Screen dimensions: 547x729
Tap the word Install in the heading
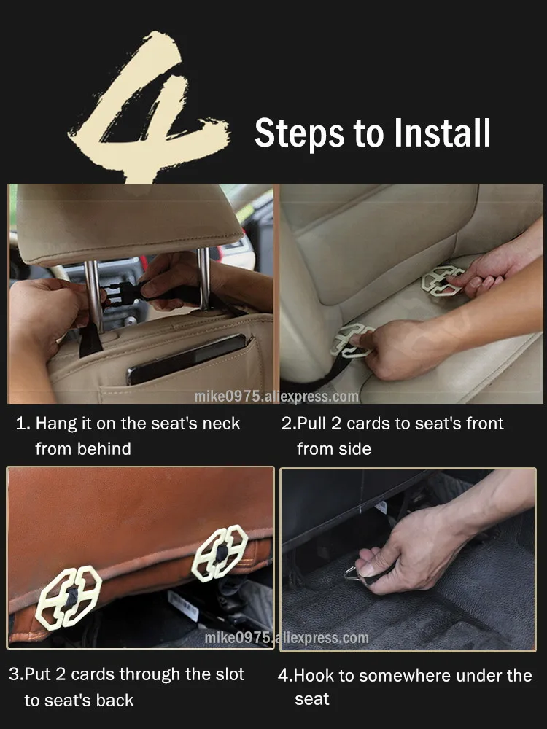(x=443, y=133)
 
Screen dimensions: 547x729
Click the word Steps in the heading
(x=300, y=134)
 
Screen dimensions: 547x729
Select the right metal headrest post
(x=203, y=279)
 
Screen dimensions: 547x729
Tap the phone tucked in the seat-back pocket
(x=186, y=358)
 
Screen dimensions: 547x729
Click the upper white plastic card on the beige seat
(x=441, y=281)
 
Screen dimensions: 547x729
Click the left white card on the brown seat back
(x=69, y=598)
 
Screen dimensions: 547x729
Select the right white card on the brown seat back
(x=220, y=553)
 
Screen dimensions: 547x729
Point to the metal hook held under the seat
(x=356, y=575)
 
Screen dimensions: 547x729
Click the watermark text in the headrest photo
(x=276, y=397)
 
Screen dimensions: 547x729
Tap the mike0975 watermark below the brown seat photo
(x=287, y=637)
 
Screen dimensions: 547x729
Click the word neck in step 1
(x=222, y=424)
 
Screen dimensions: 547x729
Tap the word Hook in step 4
(x=314, y=676)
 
